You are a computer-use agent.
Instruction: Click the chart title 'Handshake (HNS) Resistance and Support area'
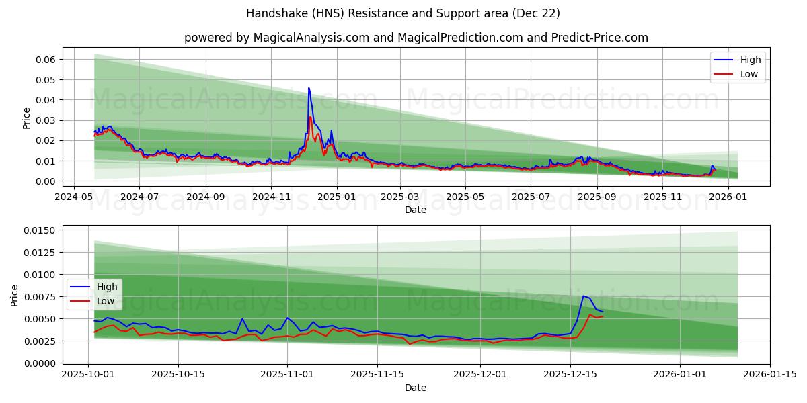(x=403, y=13)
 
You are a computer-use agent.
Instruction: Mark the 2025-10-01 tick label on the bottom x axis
(x=89, y=375)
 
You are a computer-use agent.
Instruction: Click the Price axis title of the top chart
(x=26, y=118)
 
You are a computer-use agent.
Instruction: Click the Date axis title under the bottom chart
(x=416, y=388)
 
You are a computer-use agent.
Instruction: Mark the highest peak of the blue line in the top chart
(x=309, y=88)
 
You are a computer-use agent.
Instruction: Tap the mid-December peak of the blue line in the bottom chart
(x=583, y=296)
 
